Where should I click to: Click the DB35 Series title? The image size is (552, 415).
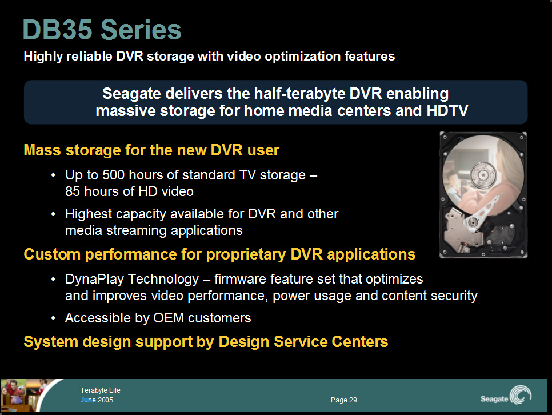(x=102, y=30)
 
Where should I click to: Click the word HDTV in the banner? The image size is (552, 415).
(x=447, y=111)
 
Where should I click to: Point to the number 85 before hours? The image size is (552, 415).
(x=73, y=191)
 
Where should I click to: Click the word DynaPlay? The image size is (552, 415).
(x=95, y=280)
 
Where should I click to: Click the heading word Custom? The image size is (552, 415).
(x=52, y=254)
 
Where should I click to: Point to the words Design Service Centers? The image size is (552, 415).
(x=303, y=342)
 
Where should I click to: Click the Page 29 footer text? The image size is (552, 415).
(x=344, y=400)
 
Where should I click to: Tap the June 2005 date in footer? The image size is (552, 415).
(x=97, y=400)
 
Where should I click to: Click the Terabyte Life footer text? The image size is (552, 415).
(x=101, y=390)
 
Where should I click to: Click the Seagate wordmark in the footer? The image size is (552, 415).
(x=494, y=399)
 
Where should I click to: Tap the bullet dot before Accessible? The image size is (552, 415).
(x=53, y=318)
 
